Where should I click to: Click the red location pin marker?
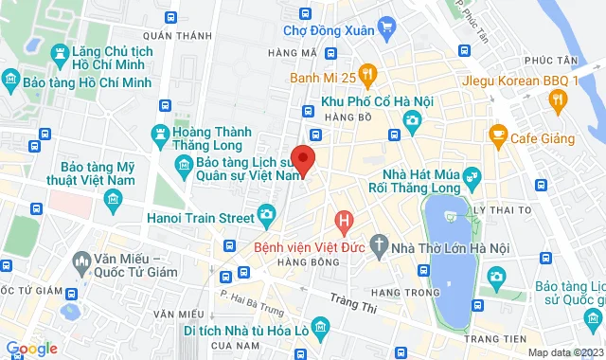pos(302,158)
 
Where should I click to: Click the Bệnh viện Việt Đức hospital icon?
pos(344,224)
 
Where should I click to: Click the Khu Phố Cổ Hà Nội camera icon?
pos(413,120)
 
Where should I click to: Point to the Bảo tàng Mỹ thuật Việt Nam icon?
pos(115,198)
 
